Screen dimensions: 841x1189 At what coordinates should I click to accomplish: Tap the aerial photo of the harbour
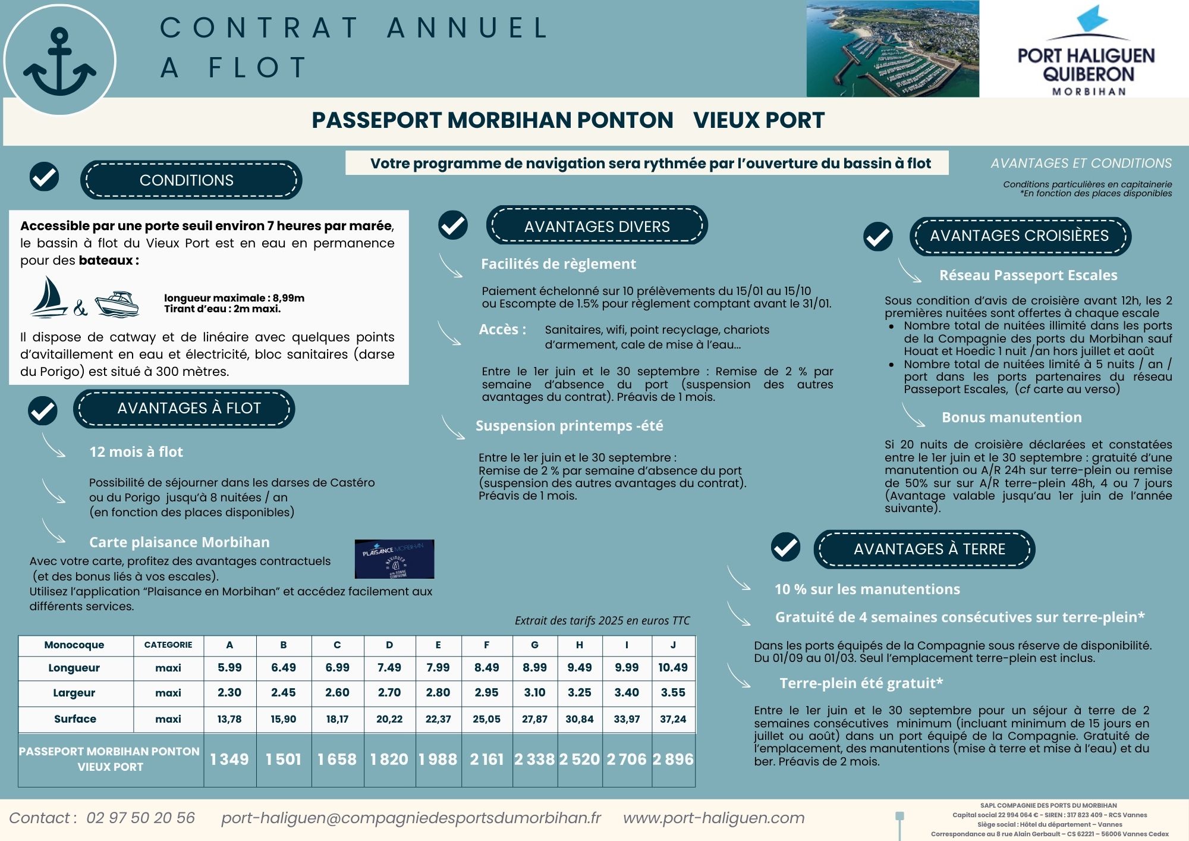(x=892, y=49)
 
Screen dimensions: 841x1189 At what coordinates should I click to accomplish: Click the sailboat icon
(x=49, y=296)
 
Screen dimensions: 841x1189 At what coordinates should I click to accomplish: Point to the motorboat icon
(x=117, y=303)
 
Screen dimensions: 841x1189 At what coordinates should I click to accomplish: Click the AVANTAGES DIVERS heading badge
(x=597, y=226)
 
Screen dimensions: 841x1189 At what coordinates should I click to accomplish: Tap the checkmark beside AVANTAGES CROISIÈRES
(x=878, y=237)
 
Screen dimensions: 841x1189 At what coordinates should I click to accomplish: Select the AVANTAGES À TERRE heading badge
(x=929, y=549)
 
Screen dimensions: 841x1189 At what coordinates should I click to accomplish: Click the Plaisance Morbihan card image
(x=394, y=559)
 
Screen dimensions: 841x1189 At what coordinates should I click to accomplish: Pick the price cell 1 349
(x=229, y=760)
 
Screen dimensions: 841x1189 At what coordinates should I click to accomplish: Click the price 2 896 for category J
(x=673, y=760)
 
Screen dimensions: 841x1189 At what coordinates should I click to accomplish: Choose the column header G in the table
(x=534, y=645)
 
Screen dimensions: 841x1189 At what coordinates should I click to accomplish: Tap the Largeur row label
(x=74, y=693)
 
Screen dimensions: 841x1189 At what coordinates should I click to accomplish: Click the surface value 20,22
(x=389, y=719)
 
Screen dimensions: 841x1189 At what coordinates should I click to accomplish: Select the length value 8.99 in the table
(x=534, y=668)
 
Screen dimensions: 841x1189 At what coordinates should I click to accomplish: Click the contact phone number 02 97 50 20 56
(x=140, y=818)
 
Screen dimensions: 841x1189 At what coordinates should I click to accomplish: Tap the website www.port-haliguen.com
(x=713, y=818)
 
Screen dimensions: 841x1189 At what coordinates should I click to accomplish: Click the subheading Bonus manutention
(x=1011, y=418)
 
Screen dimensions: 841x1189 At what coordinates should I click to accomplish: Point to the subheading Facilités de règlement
(x=558, y=264)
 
